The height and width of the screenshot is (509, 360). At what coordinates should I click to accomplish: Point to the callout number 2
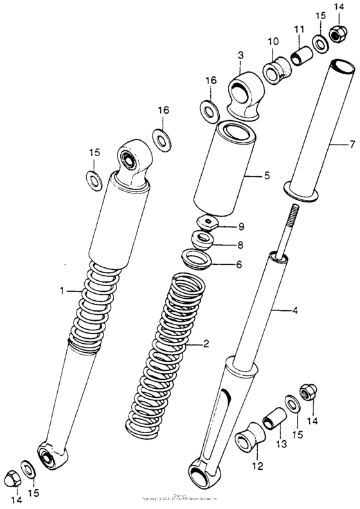pyautogui.click(x=206, y=344)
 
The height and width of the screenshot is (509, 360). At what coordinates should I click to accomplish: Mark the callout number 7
pyautogui.click(x=352, y=145)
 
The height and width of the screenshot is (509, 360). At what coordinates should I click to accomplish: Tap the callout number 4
pyautogui.click(x=295, y=311)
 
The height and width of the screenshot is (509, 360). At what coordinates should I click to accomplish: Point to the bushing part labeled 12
pyautogui.click(x=251, y=442)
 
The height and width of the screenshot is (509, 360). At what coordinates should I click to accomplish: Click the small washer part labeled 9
pyautogui.click(x=208, y=223)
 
